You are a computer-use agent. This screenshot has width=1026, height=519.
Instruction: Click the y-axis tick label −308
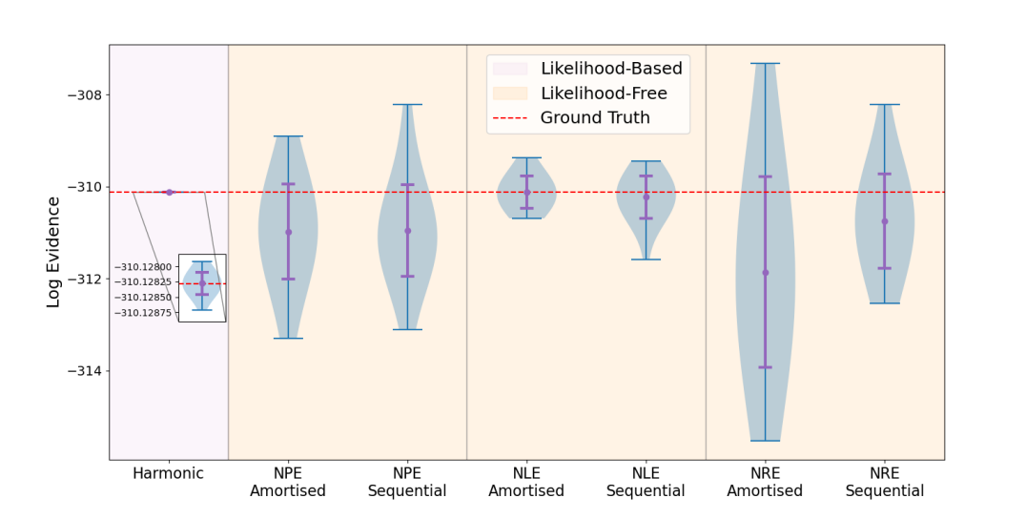[84, 95]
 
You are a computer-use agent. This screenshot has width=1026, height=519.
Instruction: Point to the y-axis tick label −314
[84, 371]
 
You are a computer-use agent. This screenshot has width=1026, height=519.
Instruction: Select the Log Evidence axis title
[54, 252]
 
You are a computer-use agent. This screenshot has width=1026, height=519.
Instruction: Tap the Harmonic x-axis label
[168, 473]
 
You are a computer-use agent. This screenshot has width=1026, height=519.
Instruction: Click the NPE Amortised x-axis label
[288, 482]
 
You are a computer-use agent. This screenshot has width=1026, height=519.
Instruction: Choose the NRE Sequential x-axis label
[884, 482]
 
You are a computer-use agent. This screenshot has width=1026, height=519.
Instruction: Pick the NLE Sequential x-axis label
[646, 482]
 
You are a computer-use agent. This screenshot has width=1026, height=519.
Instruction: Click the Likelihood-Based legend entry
[610, 69]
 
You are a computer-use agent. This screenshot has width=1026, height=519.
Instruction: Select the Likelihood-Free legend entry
[603, 93]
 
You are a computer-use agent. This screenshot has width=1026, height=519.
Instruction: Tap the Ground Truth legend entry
[594, 118]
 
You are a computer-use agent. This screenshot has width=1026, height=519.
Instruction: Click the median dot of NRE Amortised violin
[765, 273]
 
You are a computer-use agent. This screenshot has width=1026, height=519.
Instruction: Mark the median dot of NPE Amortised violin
[288, 232]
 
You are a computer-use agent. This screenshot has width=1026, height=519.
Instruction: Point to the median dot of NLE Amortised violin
[526, 192]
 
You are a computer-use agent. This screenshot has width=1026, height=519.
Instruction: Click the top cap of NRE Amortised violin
[765, 63]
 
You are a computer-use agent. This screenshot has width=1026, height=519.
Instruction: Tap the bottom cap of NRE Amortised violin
[765, 441]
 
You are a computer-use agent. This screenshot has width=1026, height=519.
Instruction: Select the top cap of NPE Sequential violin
[407, 104]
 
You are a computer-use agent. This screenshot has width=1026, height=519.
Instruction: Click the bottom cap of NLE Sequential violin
[646, 259]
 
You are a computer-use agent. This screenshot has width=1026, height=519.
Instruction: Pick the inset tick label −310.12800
[143, 267]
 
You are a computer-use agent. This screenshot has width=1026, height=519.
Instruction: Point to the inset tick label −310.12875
[143, 313]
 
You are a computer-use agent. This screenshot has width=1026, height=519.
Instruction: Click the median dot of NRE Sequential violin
[884, 221]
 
